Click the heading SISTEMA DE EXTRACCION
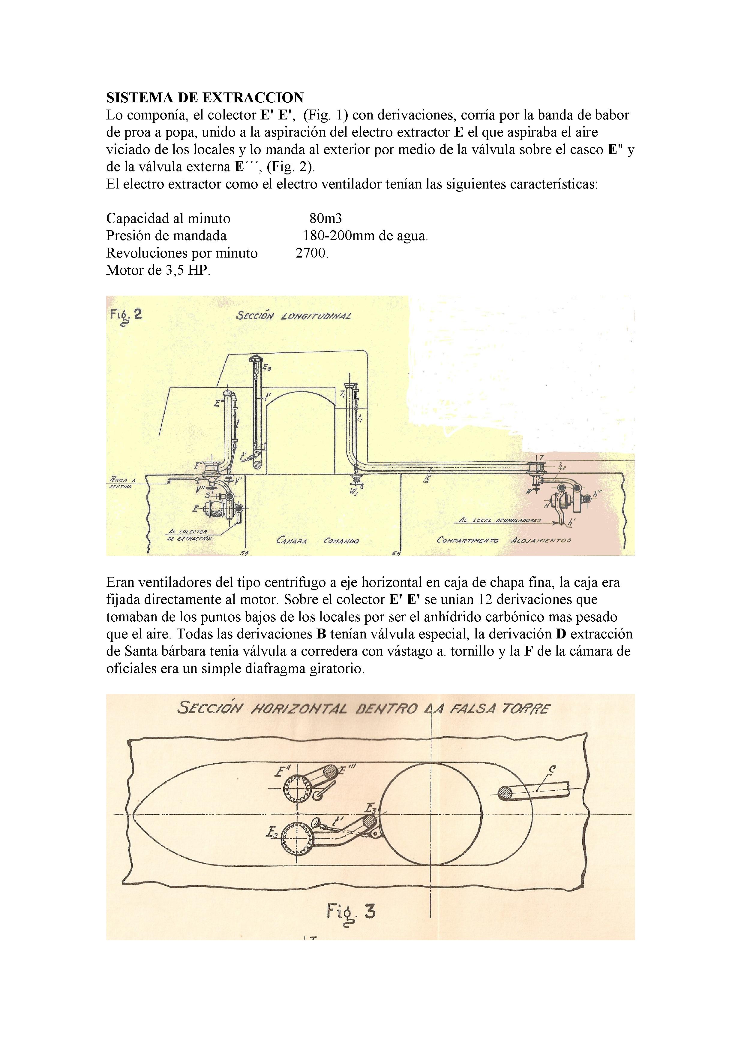[x=205, y=98]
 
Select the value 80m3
[x=325, y=218]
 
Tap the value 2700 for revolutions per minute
[x=312, y=253]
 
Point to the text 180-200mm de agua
[x=365, y=236]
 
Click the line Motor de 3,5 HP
[x=158, y=270]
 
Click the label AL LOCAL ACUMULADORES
[x=500, y=520]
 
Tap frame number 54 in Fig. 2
[x=244, y=554]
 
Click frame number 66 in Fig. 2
[x=396, y=554]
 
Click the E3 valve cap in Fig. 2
[x=255, y=359]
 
